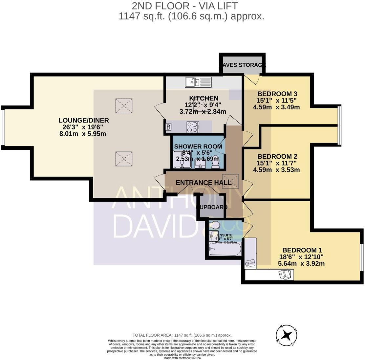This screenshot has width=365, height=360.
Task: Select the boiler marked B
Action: click(169, 127)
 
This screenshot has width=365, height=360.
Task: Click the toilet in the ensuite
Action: click(214, 226)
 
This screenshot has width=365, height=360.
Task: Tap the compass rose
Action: click(288, 335)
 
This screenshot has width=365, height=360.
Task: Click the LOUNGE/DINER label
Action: click(84, 120)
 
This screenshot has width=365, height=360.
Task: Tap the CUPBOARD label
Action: click(212, 207)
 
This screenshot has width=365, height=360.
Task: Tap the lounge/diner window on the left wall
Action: click(3, 127)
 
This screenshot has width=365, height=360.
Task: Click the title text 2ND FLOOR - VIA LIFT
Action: click(180, 6)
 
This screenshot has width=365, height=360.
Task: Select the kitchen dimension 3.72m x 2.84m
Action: click(203, 111)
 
